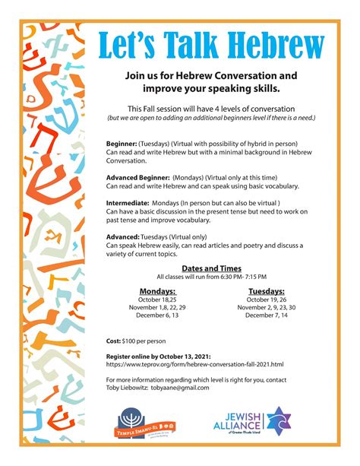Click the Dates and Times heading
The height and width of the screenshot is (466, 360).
click(x=211, y=268)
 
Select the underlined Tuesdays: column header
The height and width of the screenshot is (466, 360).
click(x=265, y=290)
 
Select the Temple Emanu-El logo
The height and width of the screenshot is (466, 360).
click(x=148, y=423)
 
